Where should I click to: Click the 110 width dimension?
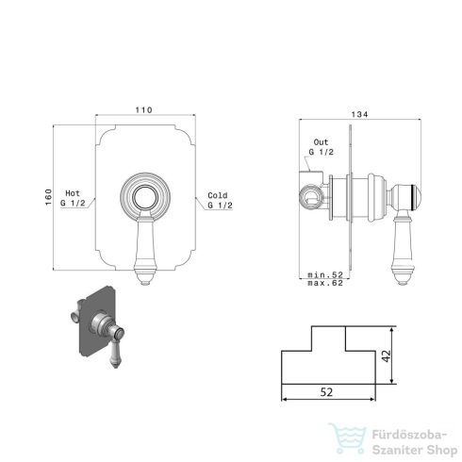(x=143, y=110)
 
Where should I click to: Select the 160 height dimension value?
(x=48, y=197)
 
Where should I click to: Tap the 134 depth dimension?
(x=359, y=114)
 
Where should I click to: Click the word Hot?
(x=73, y=193)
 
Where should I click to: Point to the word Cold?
(x=218, y=195)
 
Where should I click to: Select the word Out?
(x=321, y=142)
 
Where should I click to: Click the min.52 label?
(x=325, y=274)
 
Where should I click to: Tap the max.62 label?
(x=325, y=283)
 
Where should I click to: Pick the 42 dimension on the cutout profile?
(x=387, y=355)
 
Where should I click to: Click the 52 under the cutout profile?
(x=326, y=392)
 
